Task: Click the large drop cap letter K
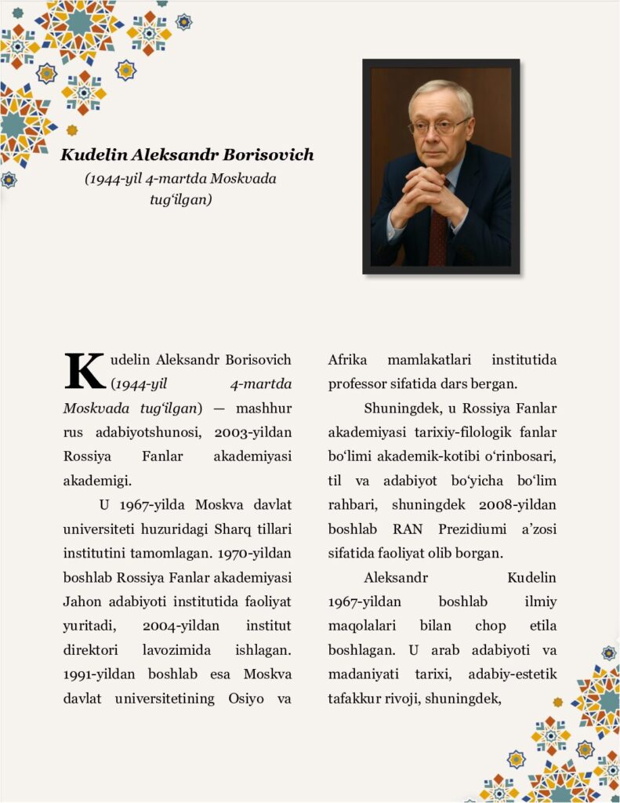pos(85,371)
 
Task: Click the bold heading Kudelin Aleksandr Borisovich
pos(187,154)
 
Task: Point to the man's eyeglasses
pos(440,125)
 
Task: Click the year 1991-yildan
pos(97,674)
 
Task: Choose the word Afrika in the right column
pos(348,360)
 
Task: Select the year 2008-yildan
pos(512,505)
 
